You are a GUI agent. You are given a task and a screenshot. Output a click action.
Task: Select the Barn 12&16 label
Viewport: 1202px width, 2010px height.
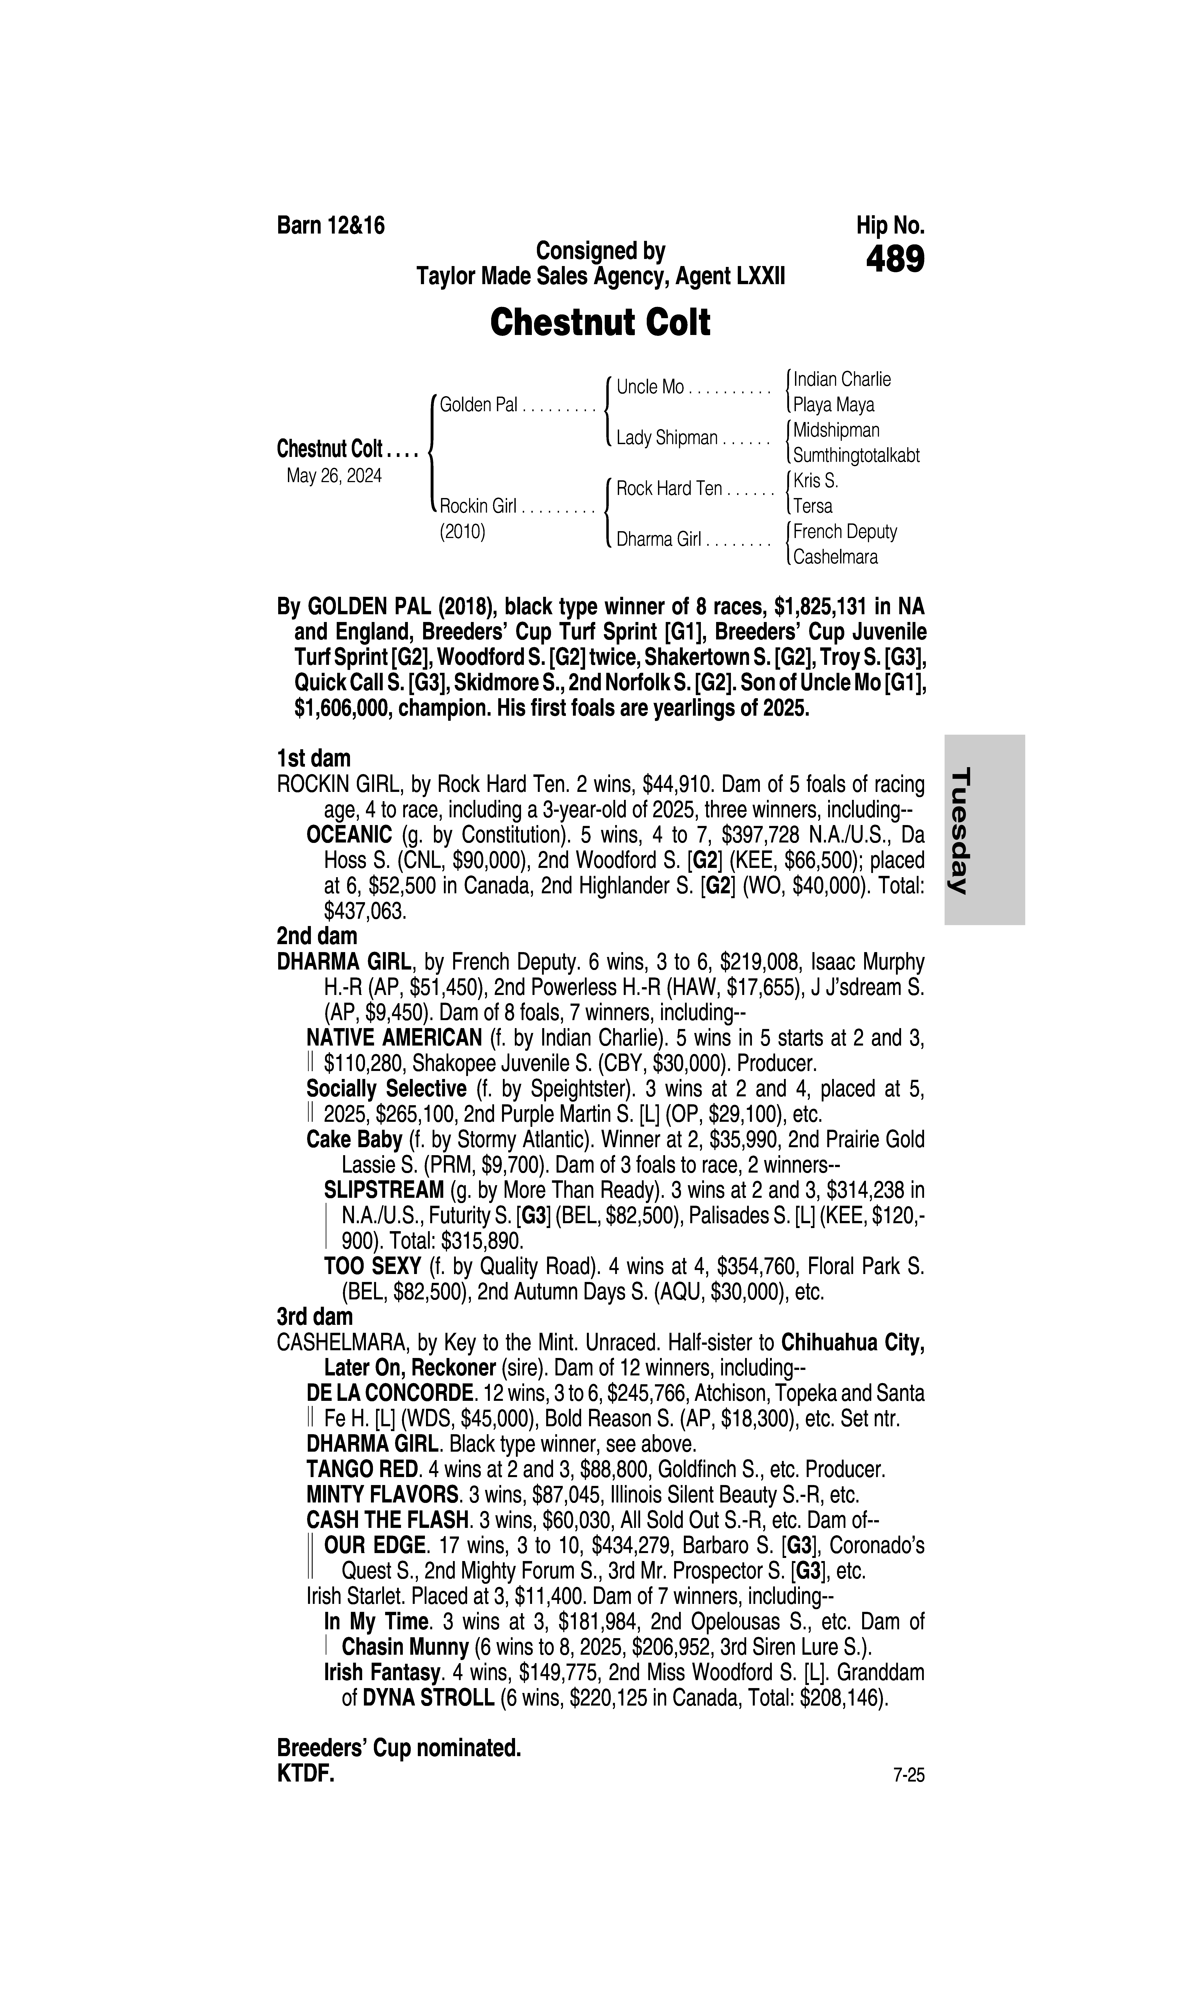331,225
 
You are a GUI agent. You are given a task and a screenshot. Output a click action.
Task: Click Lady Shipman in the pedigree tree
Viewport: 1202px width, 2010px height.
667,438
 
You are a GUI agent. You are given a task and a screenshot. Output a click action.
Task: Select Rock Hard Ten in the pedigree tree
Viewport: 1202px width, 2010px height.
669,488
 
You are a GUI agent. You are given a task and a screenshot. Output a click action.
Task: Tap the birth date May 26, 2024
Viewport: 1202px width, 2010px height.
334,475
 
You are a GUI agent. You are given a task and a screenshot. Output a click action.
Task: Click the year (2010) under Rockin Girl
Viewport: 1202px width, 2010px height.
462,532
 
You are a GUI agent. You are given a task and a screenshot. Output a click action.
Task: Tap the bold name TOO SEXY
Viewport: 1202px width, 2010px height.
372,1266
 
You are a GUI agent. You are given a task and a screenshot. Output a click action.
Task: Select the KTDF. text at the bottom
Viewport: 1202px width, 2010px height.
305,1774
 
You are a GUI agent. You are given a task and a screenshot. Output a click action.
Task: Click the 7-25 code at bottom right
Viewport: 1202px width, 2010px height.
908,1775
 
